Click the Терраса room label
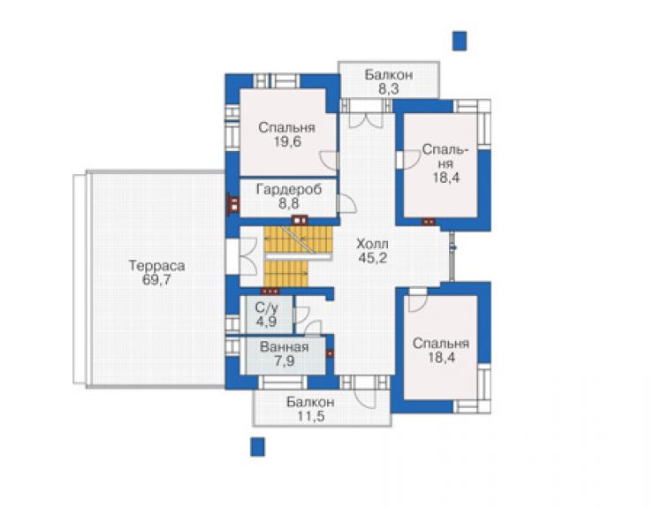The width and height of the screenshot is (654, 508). (x=156, y=266)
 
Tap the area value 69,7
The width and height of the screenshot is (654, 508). (x=156, y=280)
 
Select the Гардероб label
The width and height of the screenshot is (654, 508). (x=289, y=190)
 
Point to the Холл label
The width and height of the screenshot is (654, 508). (x=372, y=244)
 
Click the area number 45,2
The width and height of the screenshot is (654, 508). (x=372, y=258)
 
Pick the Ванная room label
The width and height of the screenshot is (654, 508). (x=284, y=347)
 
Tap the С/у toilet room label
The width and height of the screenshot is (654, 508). (x=267, y=308)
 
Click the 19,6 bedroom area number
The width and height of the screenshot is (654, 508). (x=287, y=142)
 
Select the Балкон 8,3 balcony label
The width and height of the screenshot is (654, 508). (x=389, y=82)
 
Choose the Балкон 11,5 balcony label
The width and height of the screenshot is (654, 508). (x=310, y=409)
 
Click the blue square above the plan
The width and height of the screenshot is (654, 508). (x=460, y=41)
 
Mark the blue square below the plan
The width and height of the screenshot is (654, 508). (x=257, y=446)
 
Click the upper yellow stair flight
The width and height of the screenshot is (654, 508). (x=298, y=239)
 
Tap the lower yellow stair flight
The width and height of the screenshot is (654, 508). (x=286, y=274)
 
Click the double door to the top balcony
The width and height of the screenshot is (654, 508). (x=366, y=119)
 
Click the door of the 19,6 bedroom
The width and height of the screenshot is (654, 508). (x=328, y=161)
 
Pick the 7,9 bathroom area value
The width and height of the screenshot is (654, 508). (x=284, y=360)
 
